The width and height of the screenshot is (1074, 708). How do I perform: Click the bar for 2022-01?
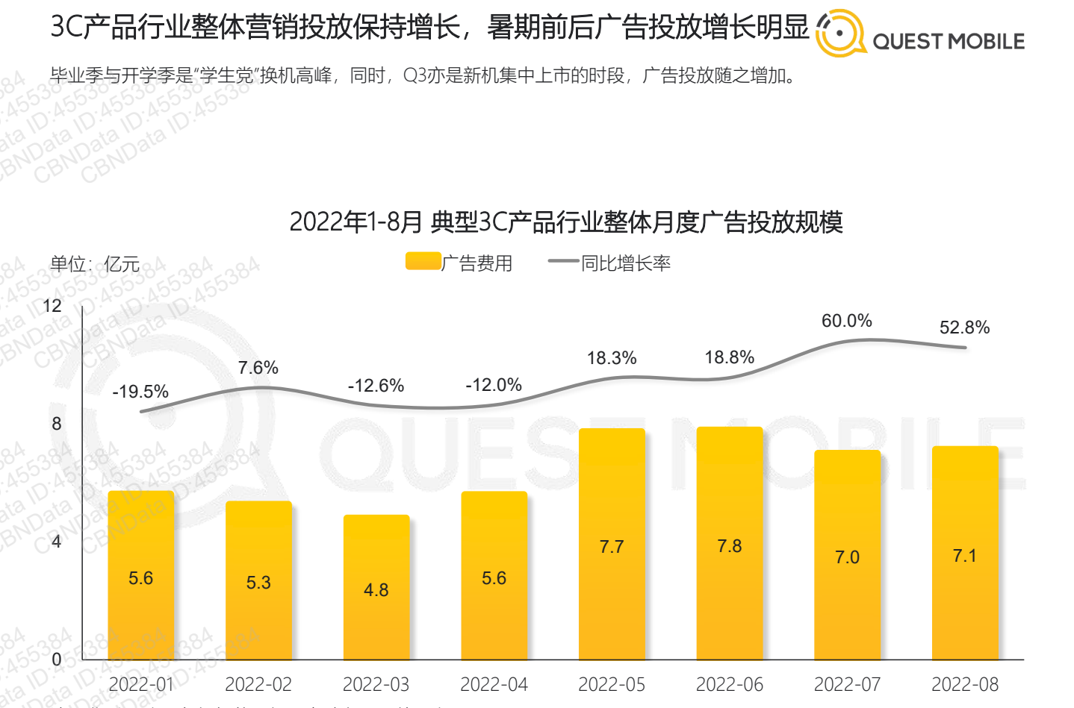click(x=141, y=574)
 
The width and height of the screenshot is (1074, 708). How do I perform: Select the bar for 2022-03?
click(x=376, y=586)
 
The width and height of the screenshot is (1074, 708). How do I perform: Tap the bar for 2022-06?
click(x=730, y=543)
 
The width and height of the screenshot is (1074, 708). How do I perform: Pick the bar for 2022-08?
click(x=965, y=552)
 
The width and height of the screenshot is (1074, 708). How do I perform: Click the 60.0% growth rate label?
click(x=846, y=321)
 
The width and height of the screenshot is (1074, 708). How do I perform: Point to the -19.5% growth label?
click(x=140, y=392)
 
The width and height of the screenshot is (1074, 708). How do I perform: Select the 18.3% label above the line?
click(x=612, y=358)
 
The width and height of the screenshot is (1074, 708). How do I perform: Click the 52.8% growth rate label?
click(x=964, y=328)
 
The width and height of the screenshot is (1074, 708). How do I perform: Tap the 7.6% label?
click(x=258, y=368)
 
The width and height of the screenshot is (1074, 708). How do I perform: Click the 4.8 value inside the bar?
click(x=376, y=590)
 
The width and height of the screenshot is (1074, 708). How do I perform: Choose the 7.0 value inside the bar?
click(x=847, y=557)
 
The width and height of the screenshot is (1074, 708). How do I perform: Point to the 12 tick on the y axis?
click(x=52, y=306)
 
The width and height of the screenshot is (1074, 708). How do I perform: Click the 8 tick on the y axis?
click(x=57, y=424)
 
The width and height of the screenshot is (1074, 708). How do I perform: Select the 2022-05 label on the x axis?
click(x=612, y=684)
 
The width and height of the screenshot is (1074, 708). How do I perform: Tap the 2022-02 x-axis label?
click(x=258, y=684)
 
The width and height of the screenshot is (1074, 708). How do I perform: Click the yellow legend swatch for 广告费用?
click(x=423, y=262)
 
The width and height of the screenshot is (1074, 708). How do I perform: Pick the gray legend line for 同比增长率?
click(x=563, y=262)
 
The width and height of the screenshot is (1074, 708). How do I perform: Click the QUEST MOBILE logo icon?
click(x=840, y=34)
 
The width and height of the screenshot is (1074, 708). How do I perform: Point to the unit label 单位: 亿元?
click(x=95, y=264)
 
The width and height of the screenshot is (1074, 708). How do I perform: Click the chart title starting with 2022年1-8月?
click(x=566, y=222)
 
